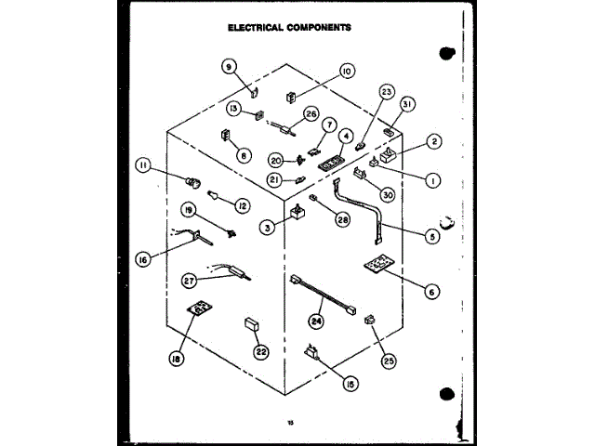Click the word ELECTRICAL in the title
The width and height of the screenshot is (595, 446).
(x=259, y=27)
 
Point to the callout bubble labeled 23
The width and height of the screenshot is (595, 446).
(x=388, y=91)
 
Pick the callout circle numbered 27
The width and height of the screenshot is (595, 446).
(x=190, y=278)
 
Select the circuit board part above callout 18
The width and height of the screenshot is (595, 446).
(x=196, y=309)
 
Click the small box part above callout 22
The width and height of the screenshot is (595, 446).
(x=250, y=324)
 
